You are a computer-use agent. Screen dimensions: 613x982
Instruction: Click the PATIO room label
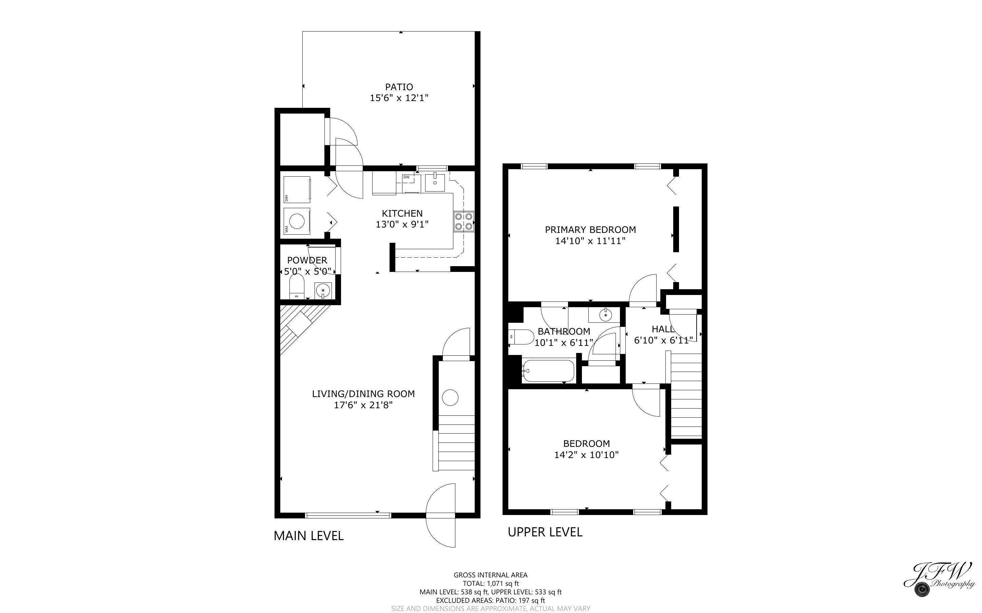pyautogui.click(x=399, y=87)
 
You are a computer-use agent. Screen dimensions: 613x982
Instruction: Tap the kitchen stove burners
pyautogui.click(x=464, y=221)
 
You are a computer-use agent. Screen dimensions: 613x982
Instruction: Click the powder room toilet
pyautogui.click(x=297, y=286)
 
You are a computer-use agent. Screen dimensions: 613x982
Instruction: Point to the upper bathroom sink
pyautogui.click(x=604, y=315)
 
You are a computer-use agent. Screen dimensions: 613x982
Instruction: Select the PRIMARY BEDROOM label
pyautogui.click(x=590, y=230)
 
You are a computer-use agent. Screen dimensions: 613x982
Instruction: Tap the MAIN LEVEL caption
pyautogui.click(x=308, y=536)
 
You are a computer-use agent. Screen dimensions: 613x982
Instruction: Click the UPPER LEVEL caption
pyautogui.click(x=545, y=532)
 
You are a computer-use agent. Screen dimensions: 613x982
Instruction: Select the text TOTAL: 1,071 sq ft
pyautogui.click(x=490, y=584)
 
